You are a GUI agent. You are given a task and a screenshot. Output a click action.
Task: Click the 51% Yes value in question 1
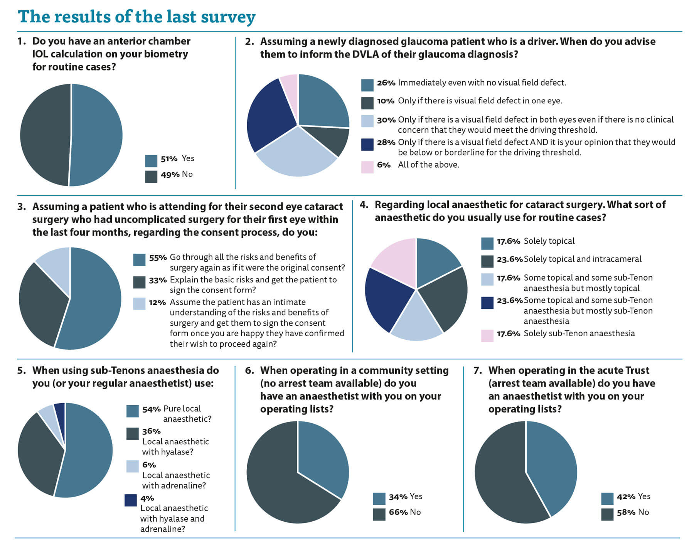[x=169, y=159]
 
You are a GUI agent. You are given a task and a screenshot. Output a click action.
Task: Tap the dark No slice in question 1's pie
[x=44, y=135]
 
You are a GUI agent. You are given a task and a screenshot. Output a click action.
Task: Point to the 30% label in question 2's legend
[x=386, y=120]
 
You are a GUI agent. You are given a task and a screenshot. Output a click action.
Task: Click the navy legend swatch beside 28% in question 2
[x=367, y=145]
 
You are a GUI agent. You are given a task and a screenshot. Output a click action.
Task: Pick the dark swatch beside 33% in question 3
[x=139, y=282]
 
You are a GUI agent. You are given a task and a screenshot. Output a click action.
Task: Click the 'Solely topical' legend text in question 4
[x=549, y=241]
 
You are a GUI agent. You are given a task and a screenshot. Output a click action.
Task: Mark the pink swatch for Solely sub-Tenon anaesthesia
[x=487, y=336]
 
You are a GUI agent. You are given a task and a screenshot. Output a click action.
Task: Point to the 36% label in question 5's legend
[x=151, y=431]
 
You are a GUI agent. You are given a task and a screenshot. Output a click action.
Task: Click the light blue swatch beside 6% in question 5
[x=132, y=467]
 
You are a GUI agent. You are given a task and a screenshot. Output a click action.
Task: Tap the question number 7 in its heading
[x=478, y=371]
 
